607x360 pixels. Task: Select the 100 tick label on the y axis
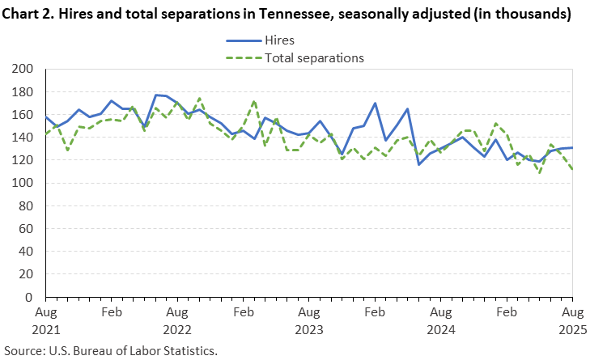point(24,184)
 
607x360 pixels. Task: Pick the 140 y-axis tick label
point(24,138)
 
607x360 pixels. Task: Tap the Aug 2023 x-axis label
point(308,320)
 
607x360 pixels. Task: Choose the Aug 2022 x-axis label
point(176,320)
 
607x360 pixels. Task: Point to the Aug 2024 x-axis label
point(440,320)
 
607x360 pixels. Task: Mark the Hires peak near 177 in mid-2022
point(155,95)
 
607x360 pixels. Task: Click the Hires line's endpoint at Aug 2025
point(572,147)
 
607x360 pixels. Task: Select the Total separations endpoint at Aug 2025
point(572,170)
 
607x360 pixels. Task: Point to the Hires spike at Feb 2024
point(375,103)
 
